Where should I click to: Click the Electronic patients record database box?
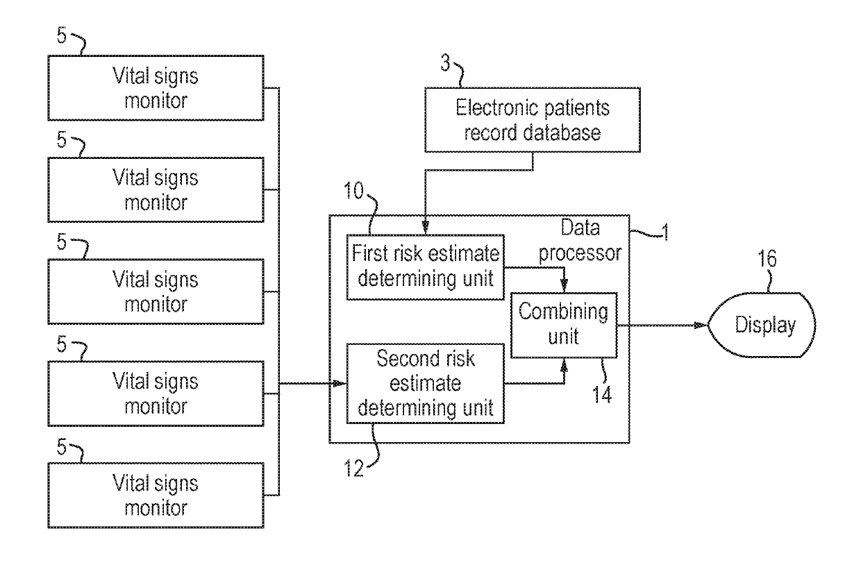click(x=533, y=120)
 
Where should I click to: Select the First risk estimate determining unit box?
click(x=425, y=267)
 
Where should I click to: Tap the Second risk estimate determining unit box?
click(x=425, y=383)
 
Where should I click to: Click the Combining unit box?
click(x=564, y=325)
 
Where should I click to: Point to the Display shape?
click(x=762, y=325)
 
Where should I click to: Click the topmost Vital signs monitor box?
click(x=156, y=88)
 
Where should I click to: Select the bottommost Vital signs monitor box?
click(x=156, y=495)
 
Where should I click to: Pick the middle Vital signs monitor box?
click(x=156, y=291)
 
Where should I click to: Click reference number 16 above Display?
click(x=767, y=259)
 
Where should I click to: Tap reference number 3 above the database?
click(x=445, y=62)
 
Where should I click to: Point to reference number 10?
click(x=353, y=191)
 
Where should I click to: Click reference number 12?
click(x=353, y=468)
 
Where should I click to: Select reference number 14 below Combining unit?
click(x=601, y=394)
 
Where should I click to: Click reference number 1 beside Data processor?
click(x=664, y=232)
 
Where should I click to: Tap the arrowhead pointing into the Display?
click(x=701, y=325)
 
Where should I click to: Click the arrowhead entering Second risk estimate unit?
click(x=340, y=383)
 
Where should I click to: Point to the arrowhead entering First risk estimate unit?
click(x=425, y=228)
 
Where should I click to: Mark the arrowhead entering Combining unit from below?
click(x=564, y=365)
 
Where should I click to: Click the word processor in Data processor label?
click(x=580, y=253)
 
